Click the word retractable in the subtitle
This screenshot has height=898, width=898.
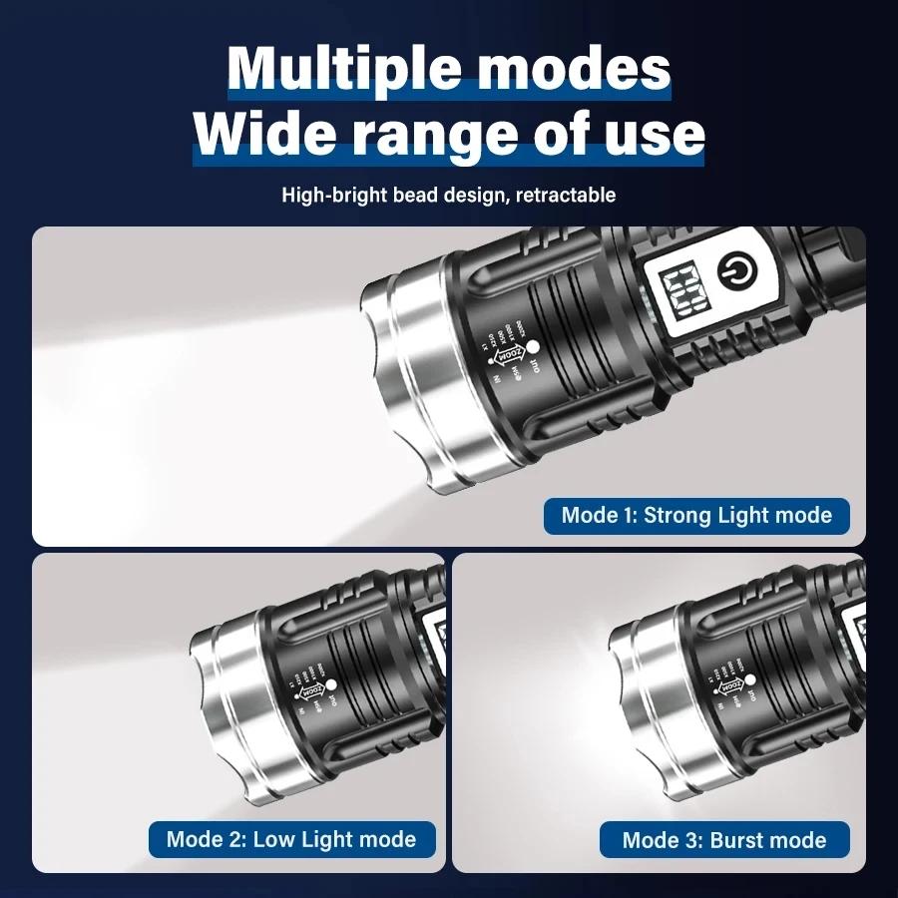tap(566, 195)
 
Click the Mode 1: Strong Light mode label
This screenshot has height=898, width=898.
tap(696, 516)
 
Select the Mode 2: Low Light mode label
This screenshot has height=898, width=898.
tap(291, 838)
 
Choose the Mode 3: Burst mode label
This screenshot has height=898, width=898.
tap(724, 840)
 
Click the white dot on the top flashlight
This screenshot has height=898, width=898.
tap(532, 346)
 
